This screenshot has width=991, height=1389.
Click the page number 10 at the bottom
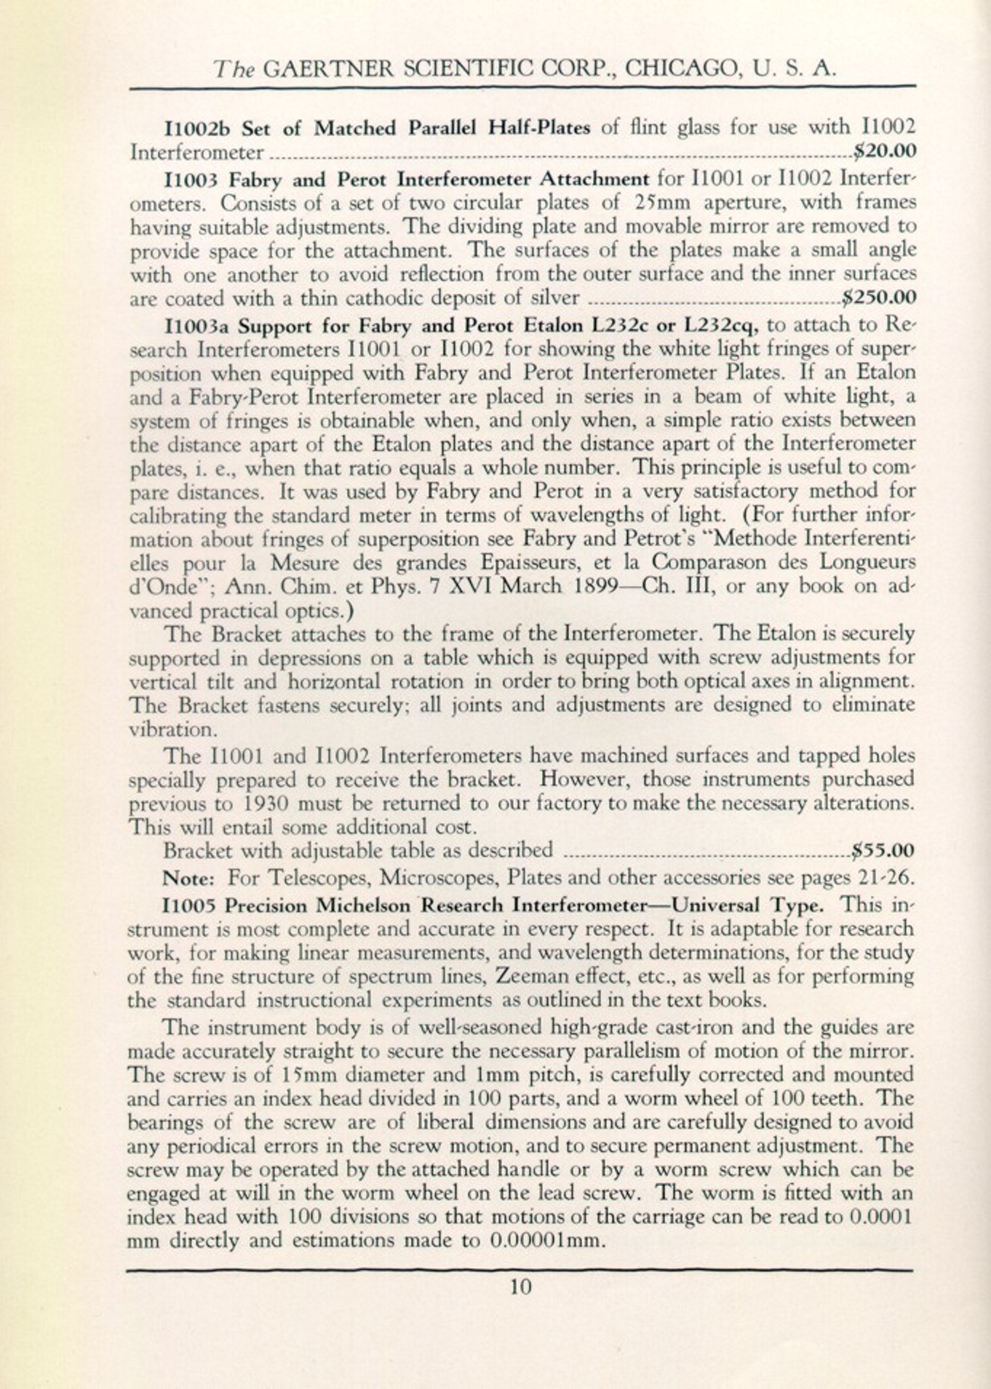(520, 1286)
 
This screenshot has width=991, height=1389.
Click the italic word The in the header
(233, 68)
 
